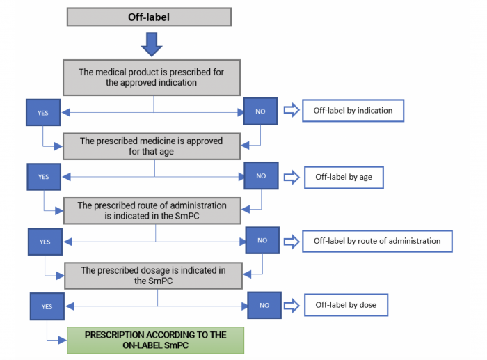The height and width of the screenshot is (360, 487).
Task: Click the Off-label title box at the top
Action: click(149, 17)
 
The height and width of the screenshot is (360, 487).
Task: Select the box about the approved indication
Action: click(152, 77)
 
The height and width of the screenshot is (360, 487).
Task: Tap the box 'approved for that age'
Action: click(152, 146)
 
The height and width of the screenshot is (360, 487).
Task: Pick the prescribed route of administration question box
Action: click(152, 210)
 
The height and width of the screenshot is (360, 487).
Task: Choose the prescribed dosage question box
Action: click(153, 274)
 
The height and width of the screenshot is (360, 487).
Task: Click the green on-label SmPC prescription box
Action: click(155, 340)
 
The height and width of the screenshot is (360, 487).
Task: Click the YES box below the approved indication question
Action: click(42, 111)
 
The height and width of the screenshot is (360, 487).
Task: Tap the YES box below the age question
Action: click(43, 177)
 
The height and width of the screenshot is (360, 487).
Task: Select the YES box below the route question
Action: click(45, 242)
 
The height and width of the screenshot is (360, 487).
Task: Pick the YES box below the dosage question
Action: click(47, 305)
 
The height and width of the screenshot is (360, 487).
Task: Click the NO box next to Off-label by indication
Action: click(260, 111)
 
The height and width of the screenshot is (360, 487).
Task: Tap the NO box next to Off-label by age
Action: click(261, 175)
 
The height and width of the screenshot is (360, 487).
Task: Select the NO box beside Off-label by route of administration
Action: click(262, 240)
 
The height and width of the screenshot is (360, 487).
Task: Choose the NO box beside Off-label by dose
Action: click(264, 305)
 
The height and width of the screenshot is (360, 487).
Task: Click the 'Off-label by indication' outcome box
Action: click(353, 111)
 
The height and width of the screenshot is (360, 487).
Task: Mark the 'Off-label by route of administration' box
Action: click(376, 241)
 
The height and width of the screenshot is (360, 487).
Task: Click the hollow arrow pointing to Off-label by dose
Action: click(293, 305)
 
